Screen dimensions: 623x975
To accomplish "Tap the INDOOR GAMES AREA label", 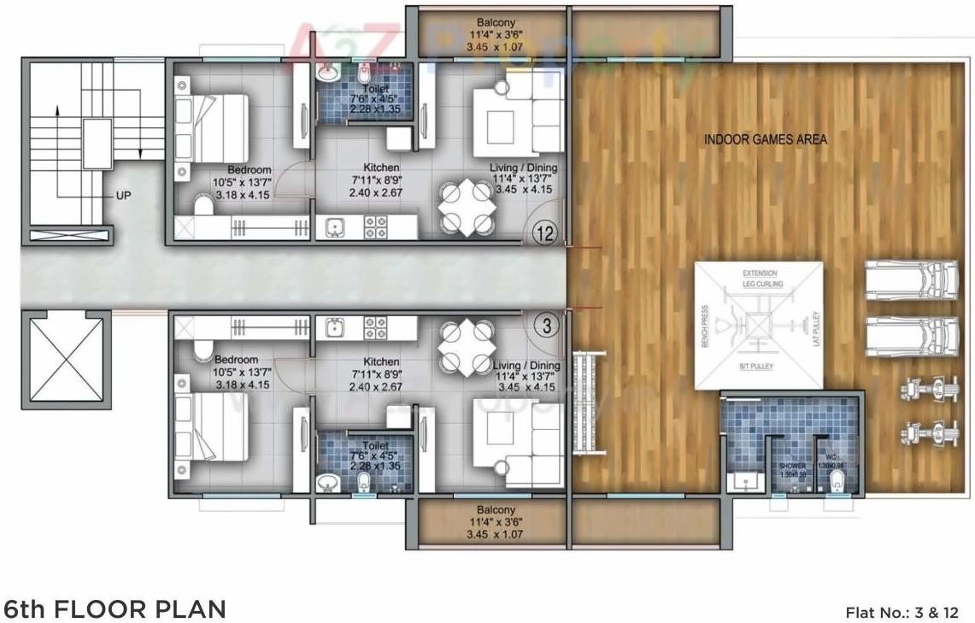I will click(x=765, y=138).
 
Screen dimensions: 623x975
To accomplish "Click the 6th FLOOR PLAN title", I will click(x=115, y=609).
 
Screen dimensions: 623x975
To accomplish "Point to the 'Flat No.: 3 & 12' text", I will click(x=902, y=612).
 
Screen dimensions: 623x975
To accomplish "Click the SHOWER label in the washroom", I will click(x=792, y=466).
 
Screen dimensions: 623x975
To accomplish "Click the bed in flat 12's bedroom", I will click(x=212, y=127).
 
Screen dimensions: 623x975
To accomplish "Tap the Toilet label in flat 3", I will click(x=374, y=446).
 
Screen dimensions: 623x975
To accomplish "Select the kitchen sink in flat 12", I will click(x=333, y=227).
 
